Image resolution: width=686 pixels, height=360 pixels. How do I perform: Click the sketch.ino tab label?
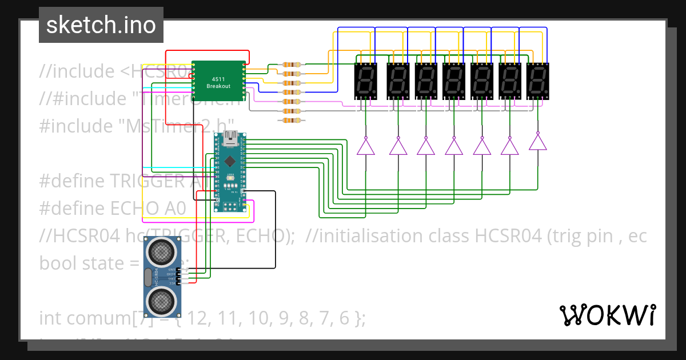click(101, 25)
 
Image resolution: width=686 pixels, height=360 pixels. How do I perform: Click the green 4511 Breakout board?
click(218, 81)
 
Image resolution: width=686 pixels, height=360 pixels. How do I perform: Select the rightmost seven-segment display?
click(537, 80)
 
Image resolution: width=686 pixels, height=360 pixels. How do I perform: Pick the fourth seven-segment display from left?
click(453, 80)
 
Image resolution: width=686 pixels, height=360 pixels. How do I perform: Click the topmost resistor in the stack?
click(292, 65)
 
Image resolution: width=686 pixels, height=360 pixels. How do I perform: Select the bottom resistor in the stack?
click(292, 120)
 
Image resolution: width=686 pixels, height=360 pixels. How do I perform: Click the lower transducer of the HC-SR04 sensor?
click(162, 301)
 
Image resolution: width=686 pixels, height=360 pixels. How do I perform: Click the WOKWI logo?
click(607, 315)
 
